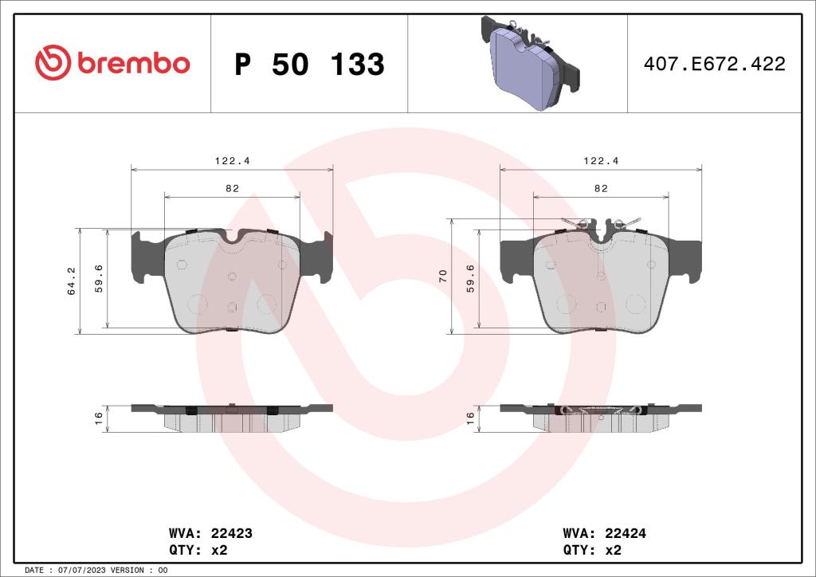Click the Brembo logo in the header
[x=112, y=63]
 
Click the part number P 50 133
[x=309, y=65]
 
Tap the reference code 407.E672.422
[x=714, y=65]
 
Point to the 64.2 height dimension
[x=72, y=281]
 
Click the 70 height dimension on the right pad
[x=443, y=277]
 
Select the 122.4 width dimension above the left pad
[x=232, y=161]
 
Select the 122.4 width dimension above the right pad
[x=601, y=161]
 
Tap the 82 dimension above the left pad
[x=232, y=188]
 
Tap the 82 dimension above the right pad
[x=601, y=188]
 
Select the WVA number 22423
[x=231, y=533]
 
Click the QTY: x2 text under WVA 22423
[x=198, y=550]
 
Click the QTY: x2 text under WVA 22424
[x=591, y=550]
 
